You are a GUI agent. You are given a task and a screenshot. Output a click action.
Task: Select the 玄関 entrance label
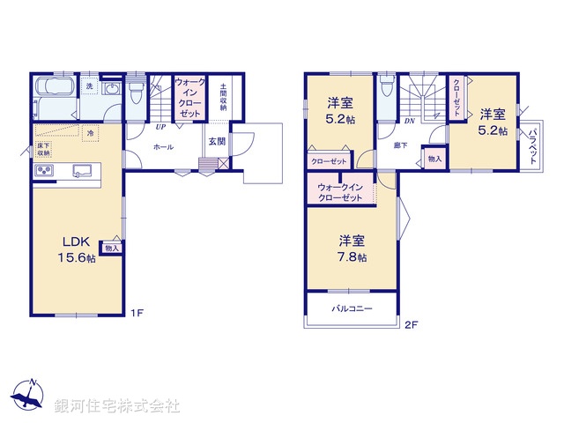[x=217, y=140]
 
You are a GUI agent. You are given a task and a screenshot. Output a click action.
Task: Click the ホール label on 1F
[x=163, y=147]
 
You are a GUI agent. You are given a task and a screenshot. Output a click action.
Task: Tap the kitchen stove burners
[x=45, y=170]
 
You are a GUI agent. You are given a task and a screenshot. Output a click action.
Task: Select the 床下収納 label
[x=45, y=147]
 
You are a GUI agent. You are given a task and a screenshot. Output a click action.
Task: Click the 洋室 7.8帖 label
[x=352, y=248]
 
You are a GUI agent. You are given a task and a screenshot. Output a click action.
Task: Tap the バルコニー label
[x=352, y=309]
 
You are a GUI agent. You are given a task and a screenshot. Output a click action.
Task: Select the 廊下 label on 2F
[x=400, y=145]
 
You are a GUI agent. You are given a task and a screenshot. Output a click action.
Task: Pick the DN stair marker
[x=409, y=121]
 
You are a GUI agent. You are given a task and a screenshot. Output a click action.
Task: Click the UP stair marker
[x=160, y=125]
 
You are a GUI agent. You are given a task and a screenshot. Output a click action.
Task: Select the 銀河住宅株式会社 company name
[x=116, y=405]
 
